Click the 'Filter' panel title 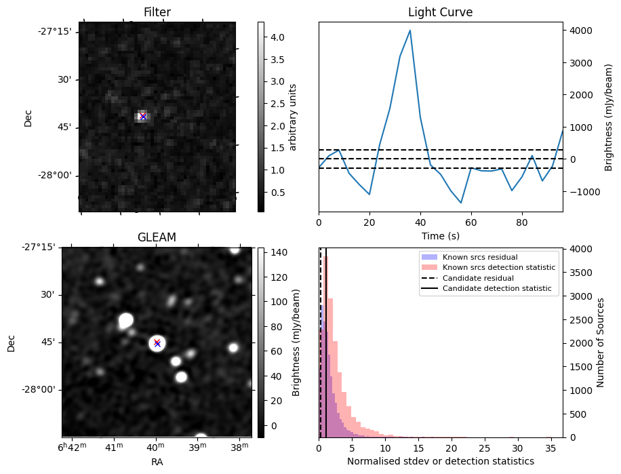[x=157, y=12]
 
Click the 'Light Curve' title [x=440, y=12]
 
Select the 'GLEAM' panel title [x=157, y=237]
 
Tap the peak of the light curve [x=410, y=31]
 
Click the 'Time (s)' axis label [x=440, y=235]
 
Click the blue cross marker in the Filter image [x=143, y=117]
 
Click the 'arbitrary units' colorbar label [x=293, y=117]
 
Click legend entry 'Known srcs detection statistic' [x=498, y=268]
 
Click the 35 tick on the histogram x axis [x=551, y=448]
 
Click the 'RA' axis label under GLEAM [x=157, y=462]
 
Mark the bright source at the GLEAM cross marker [x=157, y=343]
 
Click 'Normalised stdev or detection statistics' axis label [x=440, y=462]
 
